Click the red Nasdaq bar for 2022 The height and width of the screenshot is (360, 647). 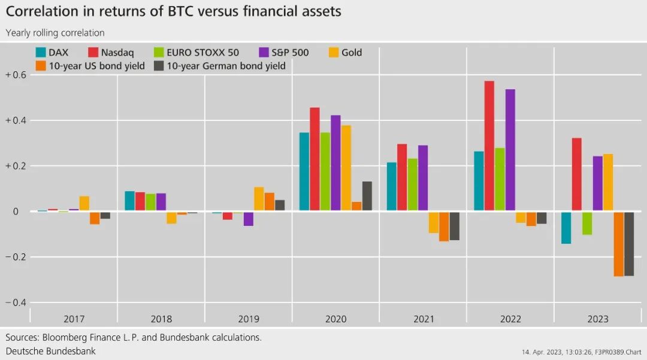point(489,146)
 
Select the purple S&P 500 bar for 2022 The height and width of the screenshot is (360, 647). point(510,150)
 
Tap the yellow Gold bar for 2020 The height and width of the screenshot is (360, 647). point(346,168)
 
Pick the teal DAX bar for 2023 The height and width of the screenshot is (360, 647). point(566,228)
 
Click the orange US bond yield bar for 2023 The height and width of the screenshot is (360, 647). point(619,244)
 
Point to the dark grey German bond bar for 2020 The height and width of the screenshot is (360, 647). point(367,196)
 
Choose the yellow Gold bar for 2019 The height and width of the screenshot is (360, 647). point(259,199)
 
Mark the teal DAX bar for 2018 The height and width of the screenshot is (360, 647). point(129,201)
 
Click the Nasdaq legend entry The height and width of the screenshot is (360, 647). point(111,53)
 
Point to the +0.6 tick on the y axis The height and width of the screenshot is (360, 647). point(16,75)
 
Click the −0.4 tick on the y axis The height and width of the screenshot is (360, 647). point(16,302)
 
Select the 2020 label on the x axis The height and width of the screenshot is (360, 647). point(335,319)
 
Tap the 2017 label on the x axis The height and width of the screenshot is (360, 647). point(74,319)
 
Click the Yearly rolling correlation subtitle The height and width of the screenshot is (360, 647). point(55,33)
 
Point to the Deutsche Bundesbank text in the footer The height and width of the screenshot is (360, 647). point(51,350)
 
